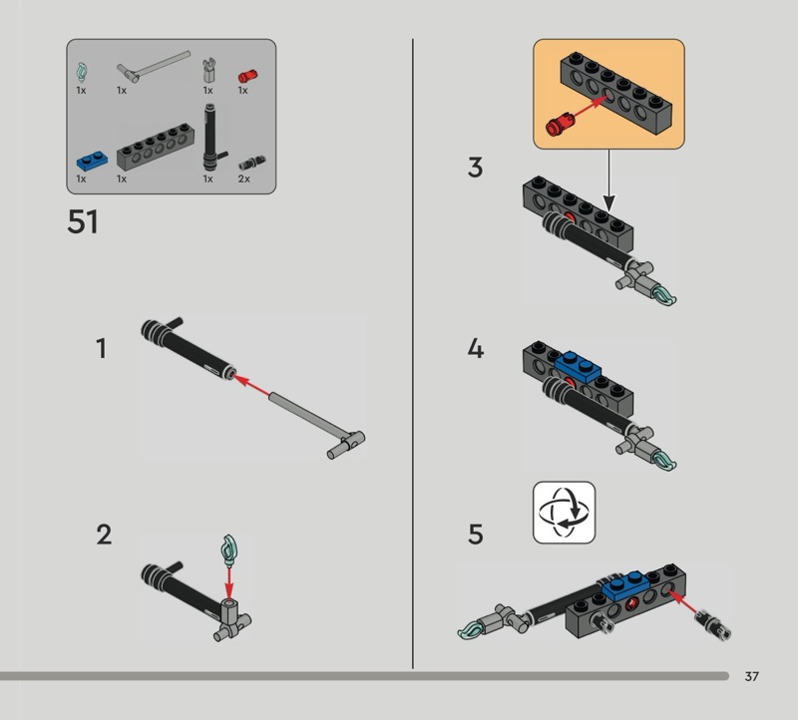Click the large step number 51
(x=83, y=221)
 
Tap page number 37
(x=752, y=676)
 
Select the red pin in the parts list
(x=247, y=76)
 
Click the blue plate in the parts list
(x=92, y=161)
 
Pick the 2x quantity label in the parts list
(x=243, y=179)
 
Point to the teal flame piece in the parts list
(x=82, y=72)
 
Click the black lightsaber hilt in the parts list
(x=211, y=137)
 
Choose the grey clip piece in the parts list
(x=208, y=70)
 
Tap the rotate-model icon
(x=564, y=513)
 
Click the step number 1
(x=102, y=349)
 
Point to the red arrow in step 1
(x=251, y=386)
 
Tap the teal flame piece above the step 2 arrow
(x=229, y=549)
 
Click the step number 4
(x=476, y=349)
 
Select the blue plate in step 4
(x=577, y=367)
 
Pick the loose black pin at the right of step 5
(x=713, y=625)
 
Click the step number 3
(x=475, y=168)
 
